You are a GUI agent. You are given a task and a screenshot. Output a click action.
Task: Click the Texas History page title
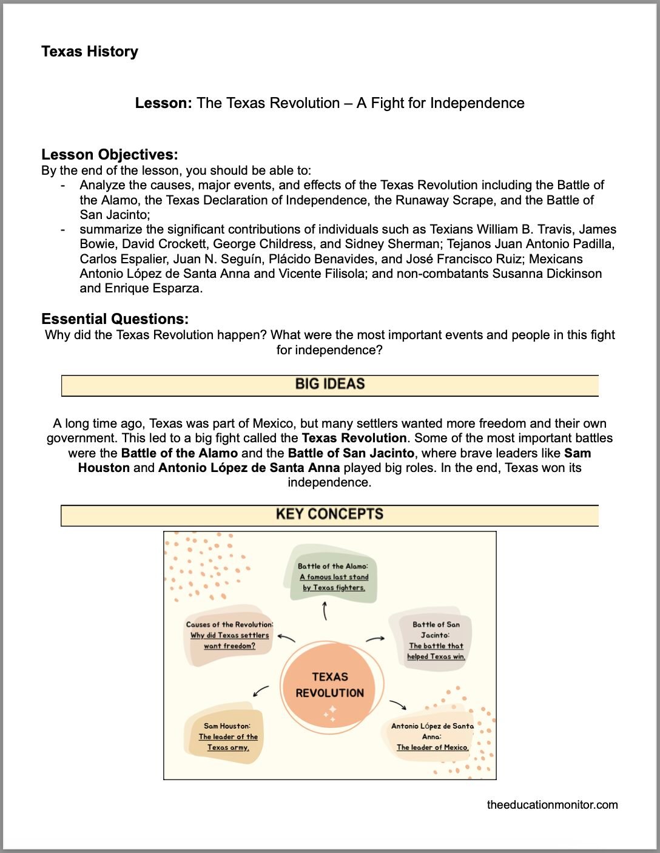click(90, 52)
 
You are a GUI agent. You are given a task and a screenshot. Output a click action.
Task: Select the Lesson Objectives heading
click(110, 155)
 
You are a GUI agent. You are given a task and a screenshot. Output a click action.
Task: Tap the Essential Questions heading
click(115, 319)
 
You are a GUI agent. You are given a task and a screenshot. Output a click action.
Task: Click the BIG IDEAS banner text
click(330, 384)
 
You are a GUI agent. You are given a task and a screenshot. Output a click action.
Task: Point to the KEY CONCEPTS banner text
click(329, 514)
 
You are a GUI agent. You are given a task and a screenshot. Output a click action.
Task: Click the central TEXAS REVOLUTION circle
click(330, 685)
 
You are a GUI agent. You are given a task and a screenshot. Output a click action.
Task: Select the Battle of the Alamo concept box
click(333, 576)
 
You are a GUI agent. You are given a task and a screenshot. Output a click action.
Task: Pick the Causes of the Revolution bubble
click(229, 635)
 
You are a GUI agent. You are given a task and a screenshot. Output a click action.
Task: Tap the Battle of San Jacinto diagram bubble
click(436, 640)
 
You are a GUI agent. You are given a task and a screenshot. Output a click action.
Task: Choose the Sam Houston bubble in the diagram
click(227, 737)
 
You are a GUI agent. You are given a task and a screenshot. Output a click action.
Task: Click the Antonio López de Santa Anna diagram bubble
click(432, 737)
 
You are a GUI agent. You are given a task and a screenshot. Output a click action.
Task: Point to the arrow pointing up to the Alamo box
click(325, 611)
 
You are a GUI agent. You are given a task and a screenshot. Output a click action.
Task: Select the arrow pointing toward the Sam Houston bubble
click(261, 691)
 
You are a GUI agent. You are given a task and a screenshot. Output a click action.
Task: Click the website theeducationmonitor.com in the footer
click(552, 805)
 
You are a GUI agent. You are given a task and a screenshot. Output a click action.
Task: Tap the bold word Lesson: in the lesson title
click(163, 103)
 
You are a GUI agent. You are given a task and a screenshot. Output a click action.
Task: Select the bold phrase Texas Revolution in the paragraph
click(354, 438)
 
